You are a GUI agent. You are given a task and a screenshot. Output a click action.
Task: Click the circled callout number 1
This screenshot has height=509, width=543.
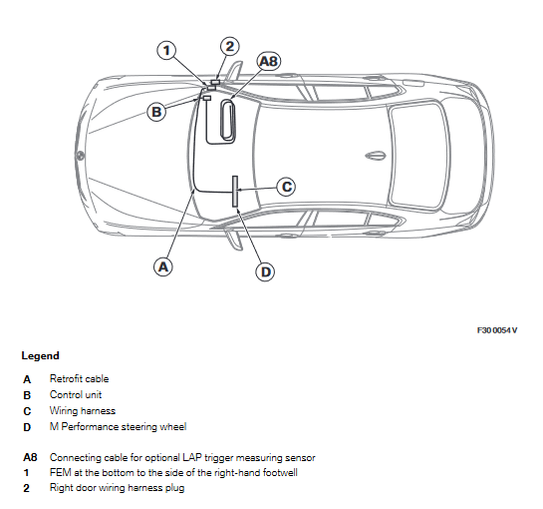[x=167, y=50]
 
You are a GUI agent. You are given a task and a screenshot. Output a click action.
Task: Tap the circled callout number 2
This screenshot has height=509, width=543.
[x=230, y=46]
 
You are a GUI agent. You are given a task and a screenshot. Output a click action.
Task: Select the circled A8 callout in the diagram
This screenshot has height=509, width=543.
[x=269, y=62]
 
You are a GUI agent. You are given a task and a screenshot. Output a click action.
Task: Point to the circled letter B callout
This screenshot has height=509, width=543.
[x=156, y=112]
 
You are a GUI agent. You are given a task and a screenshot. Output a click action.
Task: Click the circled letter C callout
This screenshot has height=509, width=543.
[x=286, y=187]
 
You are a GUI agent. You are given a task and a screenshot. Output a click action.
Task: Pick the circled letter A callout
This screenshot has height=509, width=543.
[x=163, y=266]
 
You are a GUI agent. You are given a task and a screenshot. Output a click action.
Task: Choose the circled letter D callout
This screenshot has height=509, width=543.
[x=266, y=271]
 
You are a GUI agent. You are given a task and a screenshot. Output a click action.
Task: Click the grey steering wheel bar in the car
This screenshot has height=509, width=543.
[x=235, y=192]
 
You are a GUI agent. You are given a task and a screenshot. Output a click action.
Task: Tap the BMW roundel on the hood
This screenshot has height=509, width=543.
[x=80, y=155]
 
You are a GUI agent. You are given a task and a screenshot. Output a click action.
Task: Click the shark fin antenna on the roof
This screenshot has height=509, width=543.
[x=376, y=156]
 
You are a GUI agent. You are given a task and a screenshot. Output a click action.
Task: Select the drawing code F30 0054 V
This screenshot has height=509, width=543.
[x=497, y=330]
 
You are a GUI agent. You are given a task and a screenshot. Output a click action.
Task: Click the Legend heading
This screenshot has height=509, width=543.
[x=40, y=355]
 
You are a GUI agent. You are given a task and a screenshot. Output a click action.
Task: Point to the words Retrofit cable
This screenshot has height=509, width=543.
[x=80, y=378]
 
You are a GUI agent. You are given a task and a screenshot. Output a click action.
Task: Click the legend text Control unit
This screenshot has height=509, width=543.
[x=76, y=394]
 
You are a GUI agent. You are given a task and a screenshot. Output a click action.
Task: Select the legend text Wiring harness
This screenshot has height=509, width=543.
[x=83, y=410]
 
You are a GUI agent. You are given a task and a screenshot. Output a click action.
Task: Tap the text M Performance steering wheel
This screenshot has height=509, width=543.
[x=119, y=426]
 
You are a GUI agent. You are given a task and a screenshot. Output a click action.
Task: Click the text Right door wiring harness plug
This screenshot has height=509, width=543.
[x=117, y=488]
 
